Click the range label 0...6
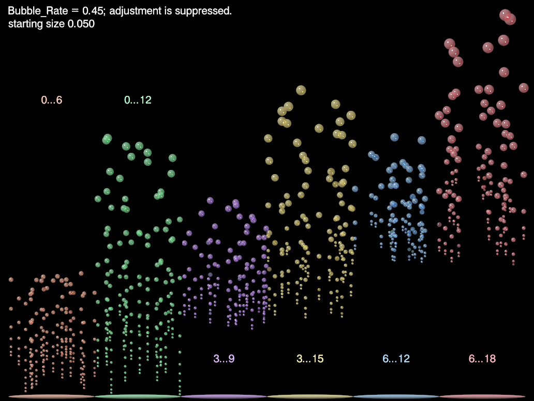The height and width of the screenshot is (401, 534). [52, 100]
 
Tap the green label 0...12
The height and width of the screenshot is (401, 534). [138, 100]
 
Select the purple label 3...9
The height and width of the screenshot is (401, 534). [224, 359]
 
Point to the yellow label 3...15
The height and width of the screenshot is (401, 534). [310, 359]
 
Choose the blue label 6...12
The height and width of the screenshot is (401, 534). [396, 359]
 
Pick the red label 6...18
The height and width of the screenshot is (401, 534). [482, 359]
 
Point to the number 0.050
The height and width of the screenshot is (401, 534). [81, 24]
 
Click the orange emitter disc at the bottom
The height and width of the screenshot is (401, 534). [52, 396]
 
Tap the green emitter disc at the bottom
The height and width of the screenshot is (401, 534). [138, 396]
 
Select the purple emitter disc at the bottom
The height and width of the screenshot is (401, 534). [224, 396]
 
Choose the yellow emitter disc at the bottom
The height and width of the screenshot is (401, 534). [310, 396]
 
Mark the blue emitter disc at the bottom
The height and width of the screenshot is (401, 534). [396, 396]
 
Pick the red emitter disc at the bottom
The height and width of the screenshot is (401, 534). [482, 396]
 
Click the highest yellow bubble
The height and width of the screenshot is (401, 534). [301, 91]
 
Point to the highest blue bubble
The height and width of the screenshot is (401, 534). [394, 137]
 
